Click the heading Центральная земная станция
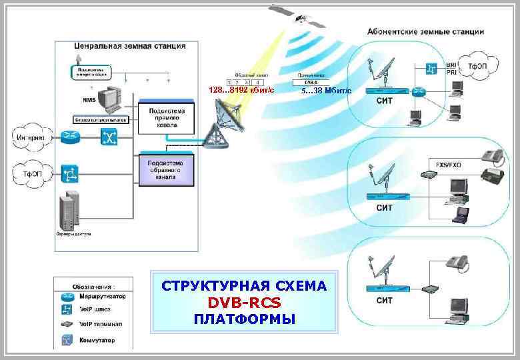pos(129,46)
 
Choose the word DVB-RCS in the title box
pos(244,302)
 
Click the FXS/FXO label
pos(448,164)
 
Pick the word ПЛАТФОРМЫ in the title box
pos(244,319)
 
